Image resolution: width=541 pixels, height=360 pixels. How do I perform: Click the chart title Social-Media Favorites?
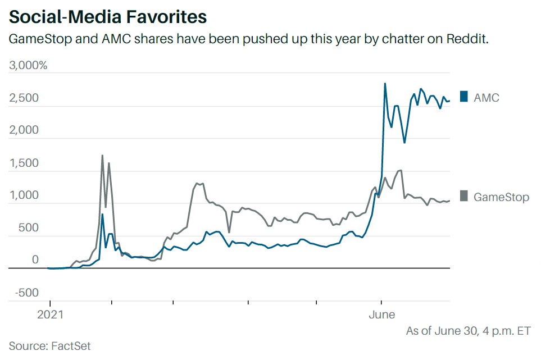click(x=108, y=17)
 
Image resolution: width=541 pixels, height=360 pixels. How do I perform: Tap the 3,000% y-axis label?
click(x=29, y=65)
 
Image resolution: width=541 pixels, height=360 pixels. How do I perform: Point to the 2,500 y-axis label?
click(x=25, y=98)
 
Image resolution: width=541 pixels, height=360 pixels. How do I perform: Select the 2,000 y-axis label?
click(x=25, y=131)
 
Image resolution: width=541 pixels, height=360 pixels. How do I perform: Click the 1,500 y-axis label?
click(x=25, y=163)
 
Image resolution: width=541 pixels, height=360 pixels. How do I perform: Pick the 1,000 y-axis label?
click(x=25, y=196)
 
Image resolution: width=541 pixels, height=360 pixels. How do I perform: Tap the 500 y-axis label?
click(x=28, y=228)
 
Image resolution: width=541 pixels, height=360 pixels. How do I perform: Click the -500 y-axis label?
click(x=26, y=293)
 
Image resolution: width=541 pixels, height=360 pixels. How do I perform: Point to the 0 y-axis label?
click(x=35, y=261)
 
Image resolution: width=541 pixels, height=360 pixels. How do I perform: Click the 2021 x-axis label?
click(x=50, y=315)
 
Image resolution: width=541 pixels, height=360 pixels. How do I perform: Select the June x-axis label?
click(x=381, y=315)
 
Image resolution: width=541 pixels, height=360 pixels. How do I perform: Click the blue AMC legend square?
click(x=463, y=97)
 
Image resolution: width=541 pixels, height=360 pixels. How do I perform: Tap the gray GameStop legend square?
click(x=463, y=196)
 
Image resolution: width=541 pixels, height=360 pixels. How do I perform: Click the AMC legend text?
click(x=487, y=98)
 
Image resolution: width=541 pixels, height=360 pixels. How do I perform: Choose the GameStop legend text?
click(x=501, y=197)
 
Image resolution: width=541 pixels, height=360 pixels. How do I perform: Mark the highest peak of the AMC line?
click(x=385, y=84)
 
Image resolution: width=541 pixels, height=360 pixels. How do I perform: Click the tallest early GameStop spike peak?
click(x=102, y=156)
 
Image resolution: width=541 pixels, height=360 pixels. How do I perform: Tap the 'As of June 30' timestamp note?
click(x=468, y=331)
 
